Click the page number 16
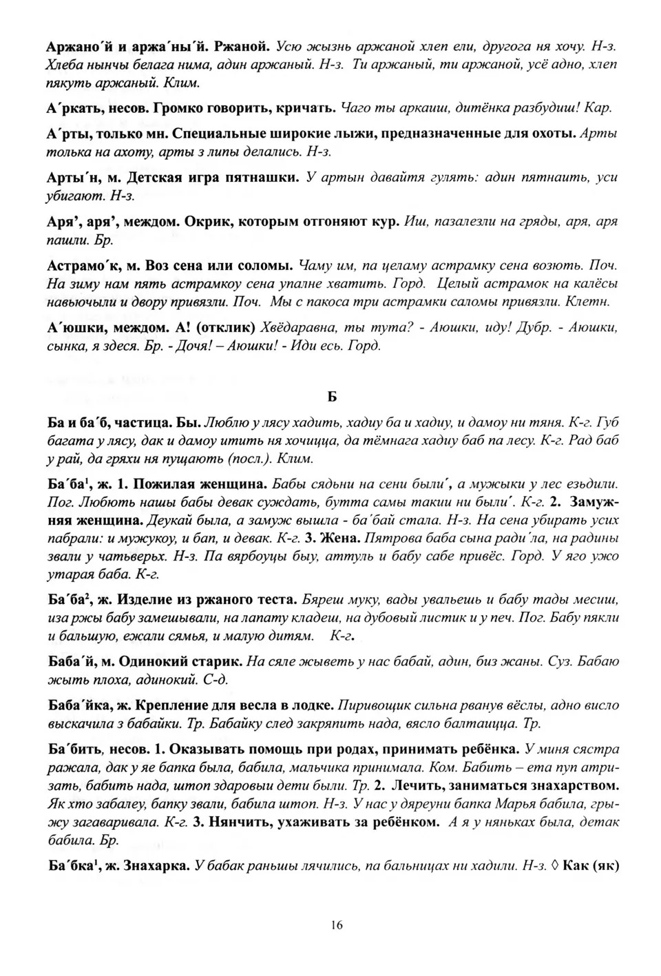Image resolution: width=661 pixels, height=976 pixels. (336, 925)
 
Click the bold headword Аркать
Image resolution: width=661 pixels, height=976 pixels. (73, 108)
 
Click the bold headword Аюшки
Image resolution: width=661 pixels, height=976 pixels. (74, 327)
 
